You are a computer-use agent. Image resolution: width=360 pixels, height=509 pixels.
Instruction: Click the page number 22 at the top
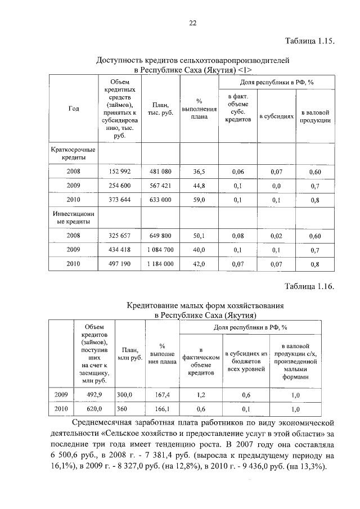pyautogui.click(x=192, y=23)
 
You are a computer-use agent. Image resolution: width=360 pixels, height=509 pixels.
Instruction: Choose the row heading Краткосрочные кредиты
pyautogui.click(x=73, y=154)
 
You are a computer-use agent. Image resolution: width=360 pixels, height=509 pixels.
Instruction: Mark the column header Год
pyautogui.click(x=73, y=109)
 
